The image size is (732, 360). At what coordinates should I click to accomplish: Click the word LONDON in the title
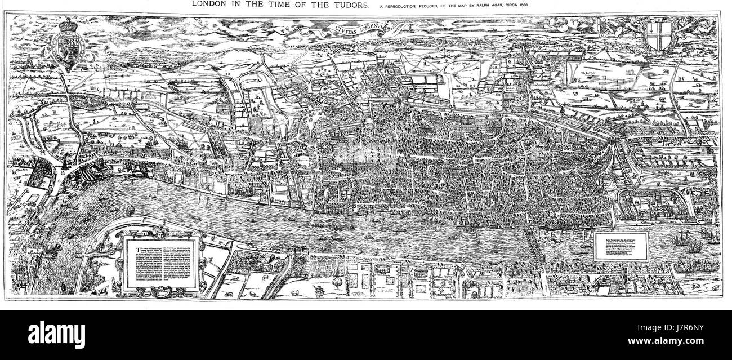[x=209, y=5]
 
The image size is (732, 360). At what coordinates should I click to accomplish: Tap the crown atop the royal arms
[x=68, y=25]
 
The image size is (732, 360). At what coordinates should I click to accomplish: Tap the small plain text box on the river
[x=621, y=246]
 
